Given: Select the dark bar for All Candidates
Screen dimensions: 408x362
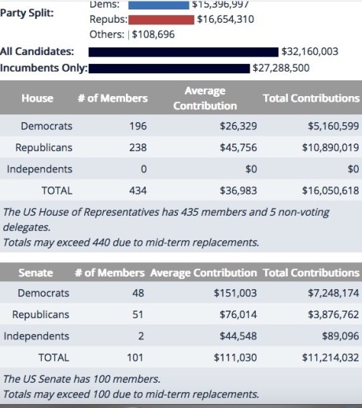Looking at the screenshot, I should [x=183, y=52].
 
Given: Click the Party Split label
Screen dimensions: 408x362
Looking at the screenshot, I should [x=27, y=13].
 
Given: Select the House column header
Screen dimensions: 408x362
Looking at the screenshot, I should [x=37, y=98].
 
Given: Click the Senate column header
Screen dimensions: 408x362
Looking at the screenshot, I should [x=35, y=273].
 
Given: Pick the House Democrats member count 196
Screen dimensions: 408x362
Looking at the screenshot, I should [x=137, y=126].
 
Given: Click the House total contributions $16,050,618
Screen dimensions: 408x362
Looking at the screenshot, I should [x=324, y=190].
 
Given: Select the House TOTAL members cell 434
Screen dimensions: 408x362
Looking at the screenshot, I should [x=137, y=190].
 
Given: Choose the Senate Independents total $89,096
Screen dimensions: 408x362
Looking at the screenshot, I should [x=335, y=336].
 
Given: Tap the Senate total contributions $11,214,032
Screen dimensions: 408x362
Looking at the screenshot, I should [x=324, y=357].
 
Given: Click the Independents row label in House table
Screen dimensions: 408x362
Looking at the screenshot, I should [x=39, y=169].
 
